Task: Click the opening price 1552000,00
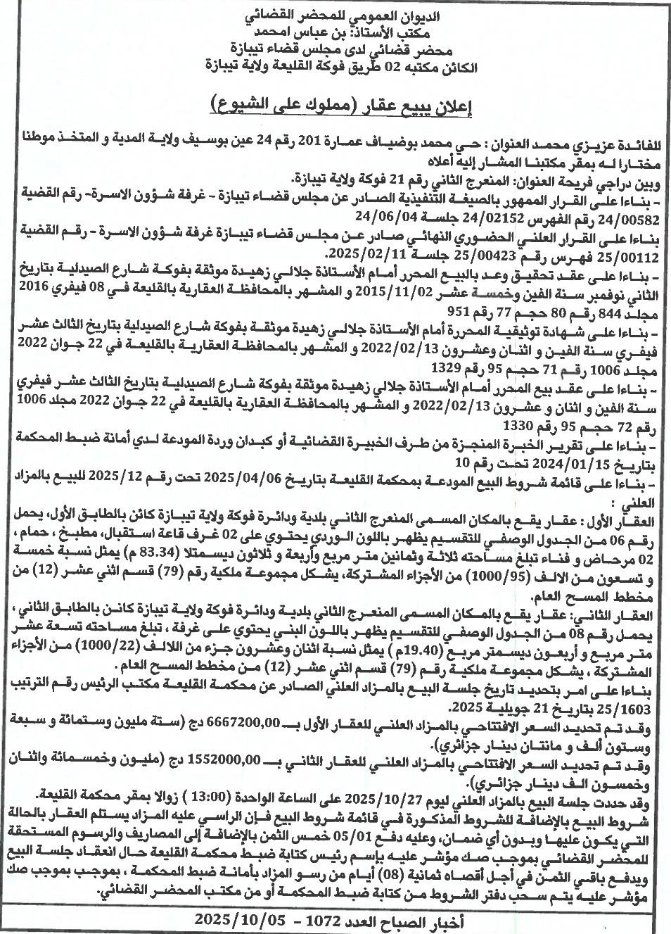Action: tap(233, 759)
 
